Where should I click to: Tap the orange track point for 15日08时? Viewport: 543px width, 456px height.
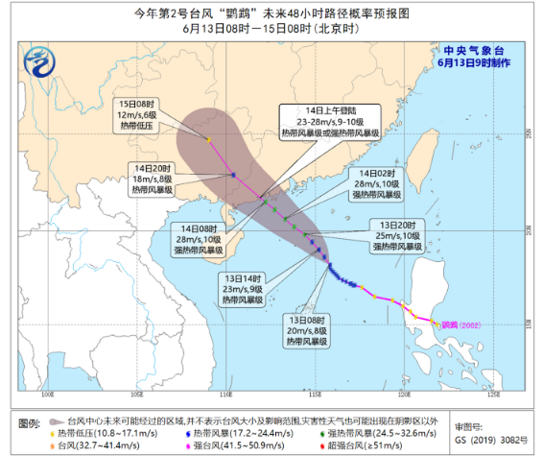tap(208, 140)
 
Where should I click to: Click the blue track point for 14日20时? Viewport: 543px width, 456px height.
tap(233, 175)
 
